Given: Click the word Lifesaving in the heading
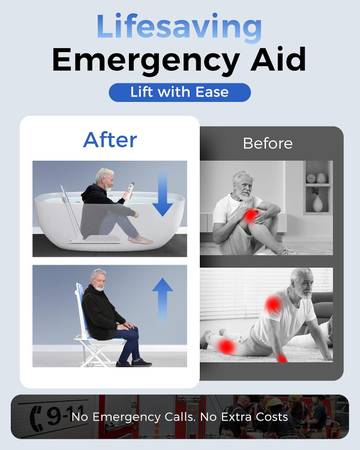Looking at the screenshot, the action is click(179, 28).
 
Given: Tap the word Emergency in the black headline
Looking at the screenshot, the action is click(146, 60).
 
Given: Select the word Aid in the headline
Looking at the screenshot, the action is click(278, 59).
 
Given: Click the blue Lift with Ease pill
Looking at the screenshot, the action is click(180, 92).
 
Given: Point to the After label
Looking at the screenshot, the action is click(110, 140).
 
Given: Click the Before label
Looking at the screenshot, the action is click(268, 144).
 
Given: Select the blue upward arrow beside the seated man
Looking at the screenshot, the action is click(162, 298).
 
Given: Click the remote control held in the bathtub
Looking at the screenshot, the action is click(129, 192).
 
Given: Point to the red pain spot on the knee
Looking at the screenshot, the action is click(251, 216).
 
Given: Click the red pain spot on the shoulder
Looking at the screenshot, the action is click(273, 304).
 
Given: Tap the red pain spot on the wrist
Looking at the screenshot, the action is click(282, 358).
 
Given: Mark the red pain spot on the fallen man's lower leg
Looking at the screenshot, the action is click(225, 346).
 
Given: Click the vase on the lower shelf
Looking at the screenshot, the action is click(318, 203).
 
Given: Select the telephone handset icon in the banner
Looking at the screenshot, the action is click(35, 419).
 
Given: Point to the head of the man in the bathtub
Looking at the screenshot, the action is click(105, 177).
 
